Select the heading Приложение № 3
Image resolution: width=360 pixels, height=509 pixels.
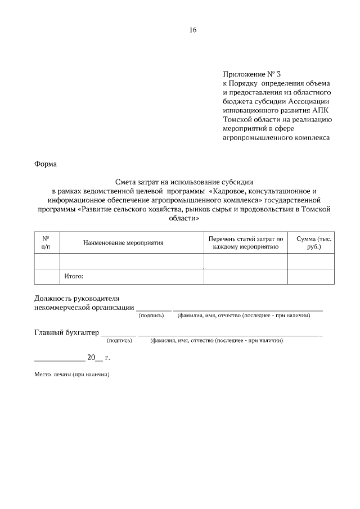click(x=251, y=74)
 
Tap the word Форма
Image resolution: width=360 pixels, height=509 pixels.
click(x=46, y=164)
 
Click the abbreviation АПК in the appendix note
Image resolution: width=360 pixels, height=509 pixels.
click(x=323, y=110)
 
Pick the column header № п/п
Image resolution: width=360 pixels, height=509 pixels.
click(x=46, y=242)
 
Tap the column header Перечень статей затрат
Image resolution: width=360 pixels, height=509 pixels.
click(x=245, y=242)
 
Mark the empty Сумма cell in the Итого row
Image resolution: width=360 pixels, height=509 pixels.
click(x=310, y=276)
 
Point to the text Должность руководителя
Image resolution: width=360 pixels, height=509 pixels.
click(x=77, y=298)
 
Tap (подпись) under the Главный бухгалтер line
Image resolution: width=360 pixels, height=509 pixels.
click(x=119, y=340)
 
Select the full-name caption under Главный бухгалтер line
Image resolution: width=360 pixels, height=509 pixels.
click(x=216, y=340)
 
